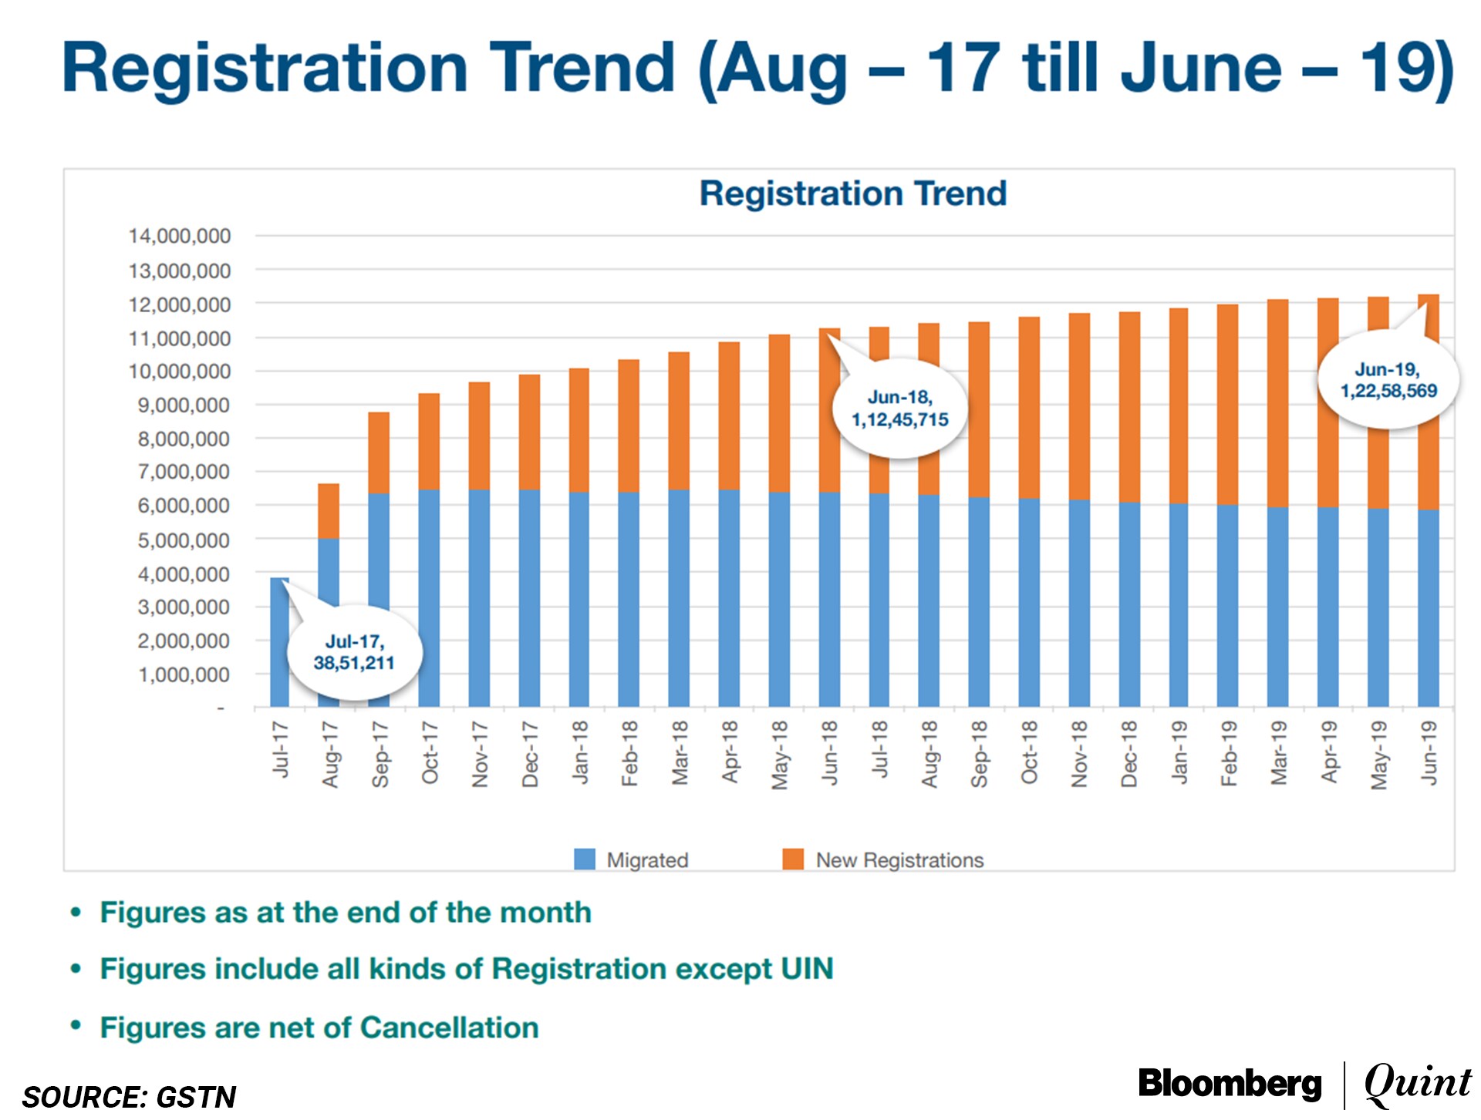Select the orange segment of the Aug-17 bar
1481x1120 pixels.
(329, 510)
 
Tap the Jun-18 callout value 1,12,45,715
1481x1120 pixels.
(899, 420)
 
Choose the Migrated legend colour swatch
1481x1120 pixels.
(585, 859)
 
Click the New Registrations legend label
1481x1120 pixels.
(899, 860)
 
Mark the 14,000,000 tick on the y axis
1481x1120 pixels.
(180, 236)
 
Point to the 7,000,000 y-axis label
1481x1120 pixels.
(184, 472)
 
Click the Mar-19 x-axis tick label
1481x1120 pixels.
(1279, 753)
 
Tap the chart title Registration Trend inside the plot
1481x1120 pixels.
(852, 193)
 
